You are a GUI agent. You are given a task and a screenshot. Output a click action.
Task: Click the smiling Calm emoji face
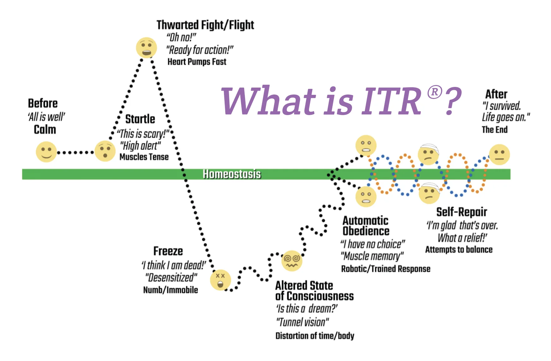pyautogui.click(x=46, y=152)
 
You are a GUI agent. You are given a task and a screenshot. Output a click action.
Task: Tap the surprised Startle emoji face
pyautogui.click(x=105, y=151)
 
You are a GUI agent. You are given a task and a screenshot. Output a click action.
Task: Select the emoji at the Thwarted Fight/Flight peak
pyautogui.click(x=146, y=48)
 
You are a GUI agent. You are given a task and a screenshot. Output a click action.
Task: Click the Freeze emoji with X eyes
pyautogui.click(x=221, y=280)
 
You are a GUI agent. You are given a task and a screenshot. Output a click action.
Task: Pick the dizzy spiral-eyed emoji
pyautogui.click(x=292, y=261)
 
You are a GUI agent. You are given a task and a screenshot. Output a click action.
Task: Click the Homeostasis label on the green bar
pyautogui.click(x=232, y=174)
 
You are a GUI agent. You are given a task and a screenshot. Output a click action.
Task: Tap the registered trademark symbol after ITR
pyautogui.click(x=435, y=92)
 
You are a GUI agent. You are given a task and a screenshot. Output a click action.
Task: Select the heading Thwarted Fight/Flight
pyautogui.click(x=205, y=25)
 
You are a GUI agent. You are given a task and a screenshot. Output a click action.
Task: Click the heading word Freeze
pyautogui.click(x=168, y=251)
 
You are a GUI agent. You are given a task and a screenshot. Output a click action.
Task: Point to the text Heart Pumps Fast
pyautogui.click(x=197, y=62)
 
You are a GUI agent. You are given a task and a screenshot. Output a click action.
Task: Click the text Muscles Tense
pyautogui.click(x=144, y=157)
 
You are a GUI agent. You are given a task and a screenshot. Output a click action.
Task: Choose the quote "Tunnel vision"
pyautogui.click(x=302, y=322)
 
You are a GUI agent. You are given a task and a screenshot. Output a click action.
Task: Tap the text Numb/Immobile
pyautogui.click(x=171, y=290)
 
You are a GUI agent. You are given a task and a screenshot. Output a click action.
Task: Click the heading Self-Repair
pyautogui.click(x=462, y=212)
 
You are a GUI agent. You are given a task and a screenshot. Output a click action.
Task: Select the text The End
pyautogui.click(x=494, y=130)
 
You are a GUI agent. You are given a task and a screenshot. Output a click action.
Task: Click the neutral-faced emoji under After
pyautogui.click(x=499, y=155)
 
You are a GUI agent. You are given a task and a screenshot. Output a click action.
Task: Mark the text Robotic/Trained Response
pyautogui.click(x=386, y=269)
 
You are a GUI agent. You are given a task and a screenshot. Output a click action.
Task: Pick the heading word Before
pyautogui.click(x=43, y=104)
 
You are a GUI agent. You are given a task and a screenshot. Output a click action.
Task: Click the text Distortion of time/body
pyautogui.click(x=315, y=336)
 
